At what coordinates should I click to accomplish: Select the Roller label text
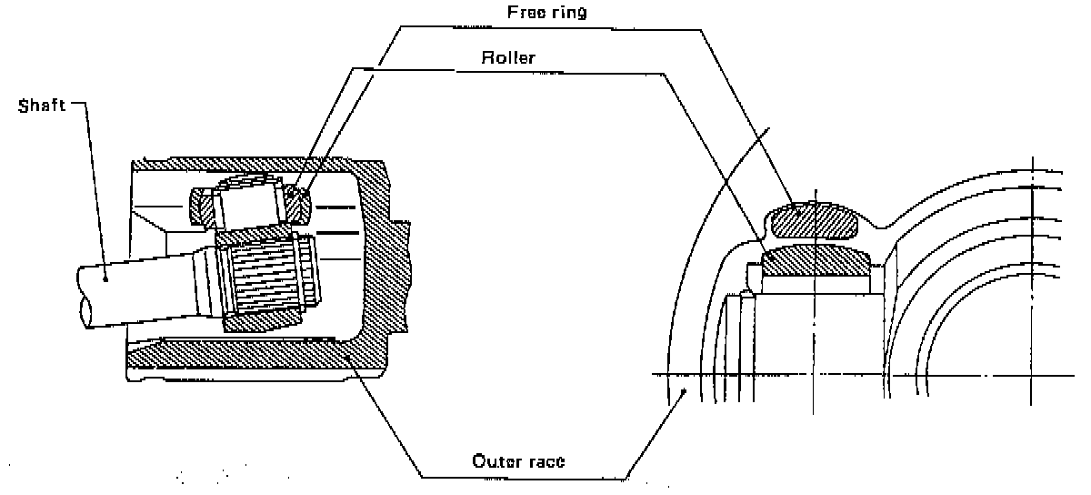point(508,58)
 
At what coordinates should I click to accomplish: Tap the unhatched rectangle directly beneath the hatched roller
point(816,284)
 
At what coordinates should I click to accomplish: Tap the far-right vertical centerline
point(1033,273)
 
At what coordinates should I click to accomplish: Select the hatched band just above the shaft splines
point(264,235)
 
